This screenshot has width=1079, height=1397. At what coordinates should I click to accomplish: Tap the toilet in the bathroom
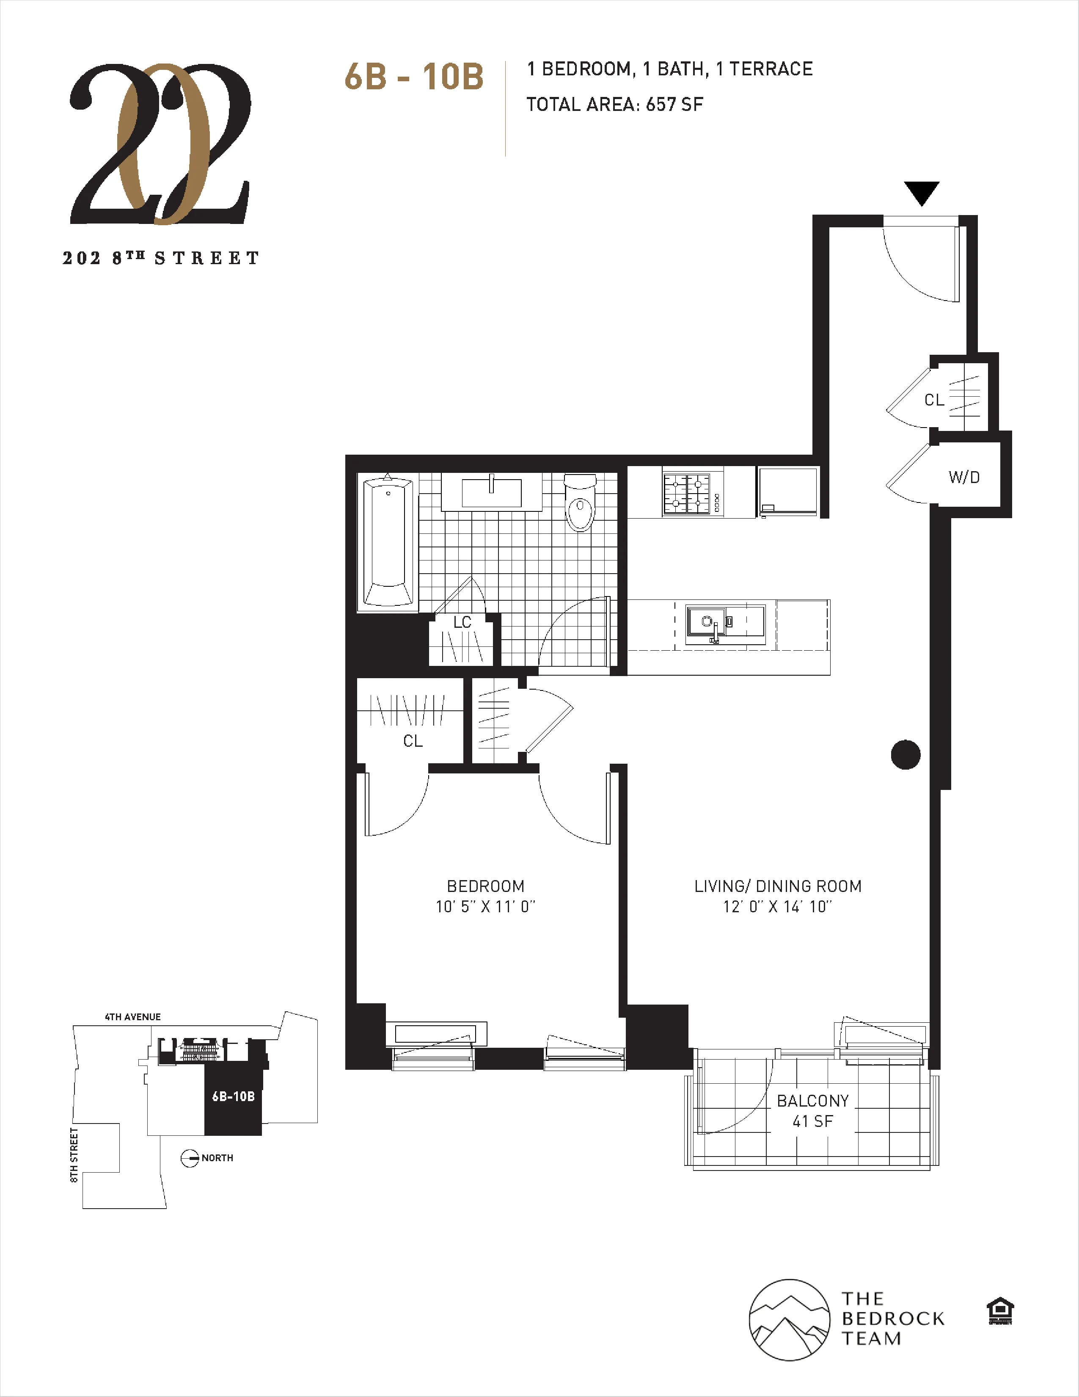coord(581,504)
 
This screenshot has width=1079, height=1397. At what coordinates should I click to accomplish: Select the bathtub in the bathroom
coord(387,541)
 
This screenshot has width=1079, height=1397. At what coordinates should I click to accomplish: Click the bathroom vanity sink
coord(491,492)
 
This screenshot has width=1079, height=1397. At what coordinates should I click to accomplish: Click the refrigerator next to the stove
coord(787,491)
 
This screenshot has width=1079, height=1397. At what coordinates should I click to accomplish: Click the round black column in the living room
coord(905,755)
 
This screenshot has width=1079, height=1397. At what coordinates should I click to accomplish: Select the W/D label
coord(964,477)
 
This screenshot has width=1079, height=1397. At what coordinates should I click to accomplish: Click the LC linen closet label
coord(462,622)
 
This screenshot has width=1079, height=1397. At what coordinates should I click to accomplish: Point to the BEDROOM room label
coord(486,886)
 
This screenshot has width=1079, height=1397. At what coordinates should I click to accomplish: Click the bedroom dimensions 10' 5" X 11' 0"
coord(486,906)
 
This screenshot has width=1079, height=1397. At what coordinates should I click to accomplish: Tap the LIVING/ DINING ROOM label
coord(778,886)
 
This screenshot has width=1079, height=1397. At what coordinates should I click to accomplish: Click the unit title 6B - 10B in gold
coord(413,77)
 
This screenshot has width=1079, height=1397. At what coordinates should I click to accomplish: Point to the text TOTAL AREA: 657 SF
coord(614,104)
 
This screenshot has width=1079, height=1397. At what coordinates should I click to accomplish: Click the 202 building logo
coord(160,144)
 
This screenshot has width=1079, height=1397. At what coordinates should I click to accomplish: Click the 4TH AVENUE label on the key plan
coord(133,1017)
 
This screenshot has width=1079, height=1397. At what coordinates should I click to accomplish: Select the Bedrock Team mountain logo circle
coord(790,1320)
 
